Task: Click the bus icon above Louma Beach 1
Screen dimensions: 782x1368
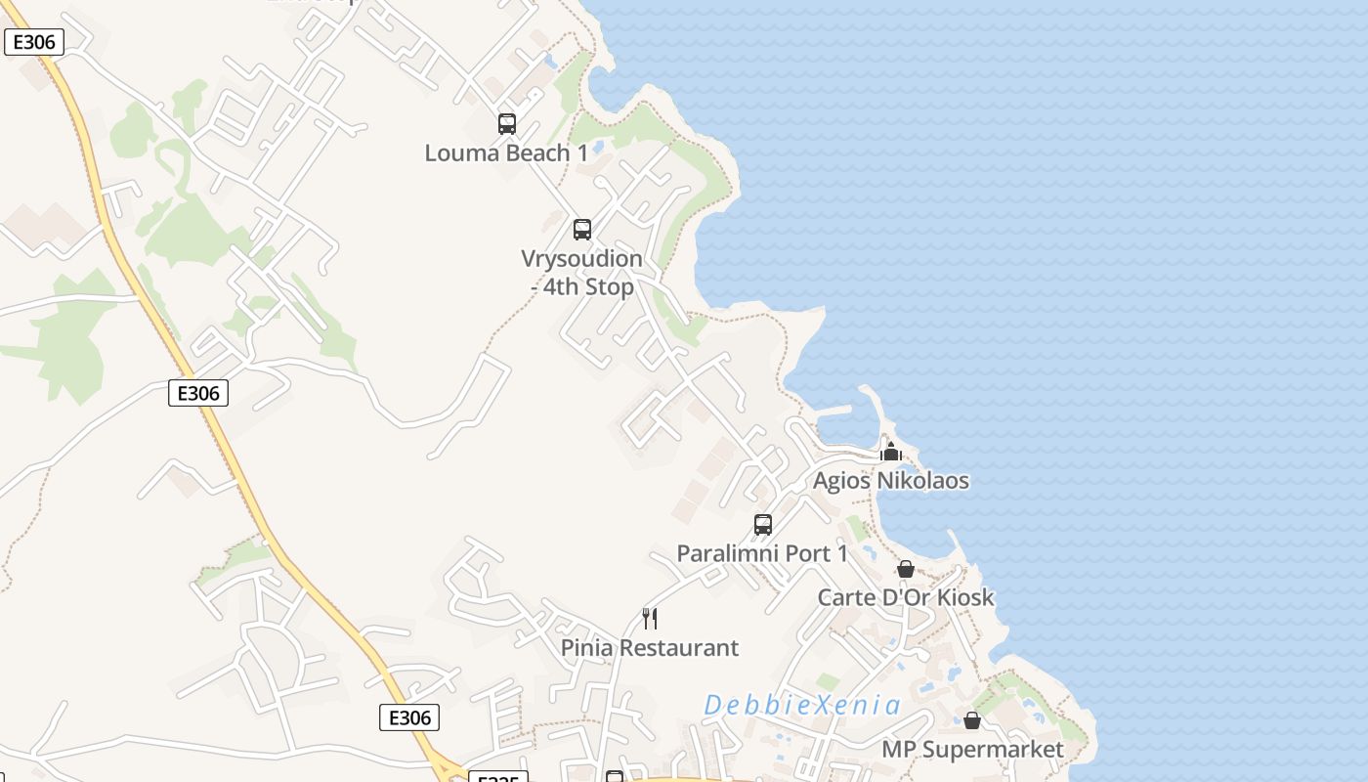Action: click(x=506, y=124)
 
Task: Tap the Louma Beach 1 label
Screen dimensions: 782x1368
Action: click(x=506, y=153)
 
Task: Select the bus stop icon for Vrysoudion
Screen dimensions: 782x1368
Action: click(x=582, y=230)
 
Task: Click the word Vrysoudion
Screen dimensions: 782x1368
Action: click(x=581, y=259)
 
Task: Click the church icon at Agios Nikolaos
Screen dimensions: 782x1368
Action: click(x=890, y=452)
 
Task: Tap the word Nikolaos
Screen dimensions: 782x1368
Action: click(x=926, y=481)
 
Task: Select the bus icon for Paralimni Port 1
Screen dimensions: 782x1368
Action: click(x=763, y=525)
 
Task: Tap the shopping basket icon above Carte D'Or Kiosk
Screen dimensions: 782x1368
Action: click(x=906, y=569)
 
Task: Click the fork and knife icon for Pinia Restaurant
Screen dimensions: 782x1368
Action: click(x=650, y=618)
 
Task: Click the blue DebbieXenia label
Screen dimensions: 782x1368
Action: click(x=802, y=705)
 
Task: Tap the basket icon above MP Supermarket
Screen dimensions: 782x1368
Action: click(x=972, y=720)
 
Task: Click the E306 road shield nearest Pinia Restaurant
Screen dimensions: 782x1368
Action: click(x=409, y=717)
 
